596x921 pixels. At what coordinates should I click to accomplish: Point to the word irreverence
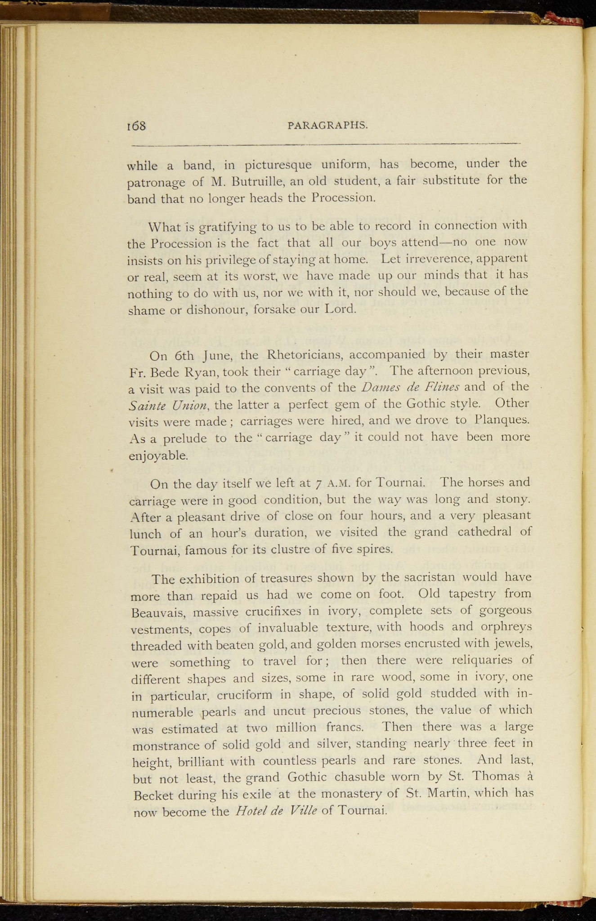[x=442, y=259]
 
